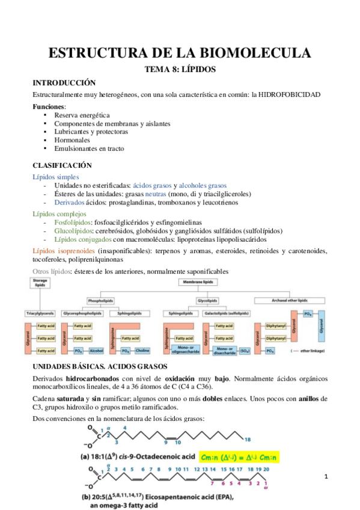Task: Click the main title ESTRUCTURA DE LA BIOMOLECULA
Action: (x=180, y=53)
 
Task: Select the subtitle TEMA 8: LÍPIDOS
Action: (x=180, y=70)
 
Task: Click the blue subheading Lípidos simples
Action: (x=55, y=177)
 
